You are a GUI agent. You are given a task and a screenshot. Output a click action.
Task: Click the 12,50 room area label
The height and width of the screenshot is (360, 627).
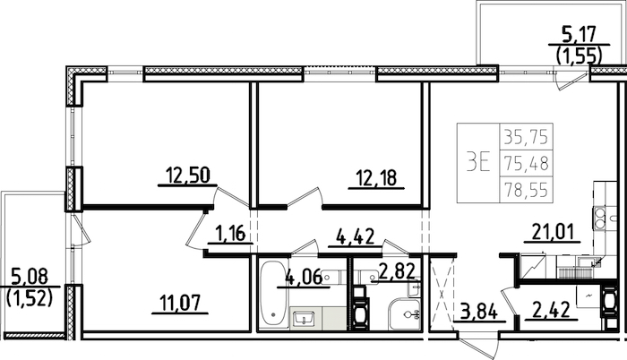(x=188, y=176)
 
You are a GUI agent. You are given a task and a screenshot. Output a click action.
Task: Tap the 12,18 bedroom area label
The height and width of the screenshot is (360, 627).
(x=377, y=178)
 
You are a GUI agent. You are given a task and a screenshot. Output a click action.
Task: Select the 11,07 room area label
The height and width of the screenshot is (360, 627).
(x=180, y=304)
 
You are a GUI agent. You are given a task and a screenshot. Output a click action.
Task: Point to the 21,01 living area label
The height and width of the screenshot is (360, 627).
(x=553, y=232)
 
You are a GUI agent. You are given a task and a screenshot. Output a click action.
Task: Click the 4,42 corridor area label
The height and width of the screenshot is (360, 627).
(x=355, y=236)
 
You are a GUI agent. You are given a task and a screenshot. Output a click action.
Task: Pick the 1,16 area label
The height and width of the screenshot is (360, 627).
(x=230, y=233)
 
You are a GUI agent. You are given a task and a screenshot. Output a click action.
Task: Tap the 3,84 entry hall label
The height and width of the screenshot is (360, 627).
(x=478, y=312)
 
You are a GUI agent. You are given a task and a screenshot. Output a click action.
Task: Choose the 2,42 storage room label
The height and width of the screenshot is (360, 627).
(x=550, y=310)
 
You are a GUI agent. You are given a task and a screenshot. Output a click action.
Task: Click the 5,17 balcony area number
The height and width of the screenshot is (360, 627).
(x=579, y=34)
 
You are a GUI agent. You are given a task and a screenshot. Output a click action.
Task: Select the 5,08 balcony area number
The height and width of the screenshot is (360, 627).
(x=30, y=277)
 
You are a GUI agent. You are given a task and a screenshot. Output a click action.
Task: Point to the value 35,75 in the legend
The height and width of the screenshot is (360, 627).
(x=526, y=137)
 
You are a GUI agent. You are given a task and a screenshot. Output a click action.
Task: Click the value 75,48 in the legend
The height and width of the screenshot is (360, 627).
(x=526, y=163)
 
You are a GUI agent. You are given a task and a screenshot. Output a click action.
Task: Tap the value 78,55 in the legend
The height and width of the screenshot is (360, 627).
(x=526, y=189)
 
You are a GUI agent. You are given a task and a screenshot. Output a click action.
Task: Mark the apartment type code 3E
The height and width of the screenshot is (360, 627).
(x=478, y=163)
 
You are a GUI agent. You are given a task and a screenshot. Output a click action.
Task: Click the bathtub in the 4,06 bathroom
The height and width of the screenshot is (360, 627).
(x=273, y=296)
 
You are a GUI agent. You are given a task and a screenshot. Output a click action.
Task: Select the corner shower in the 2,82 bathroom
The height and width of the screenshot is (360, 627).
(x=404, y=313)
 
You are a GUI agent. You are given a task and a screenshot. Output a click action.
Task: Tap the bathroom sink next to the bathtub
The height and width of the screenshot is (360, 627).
(x=305, y=319)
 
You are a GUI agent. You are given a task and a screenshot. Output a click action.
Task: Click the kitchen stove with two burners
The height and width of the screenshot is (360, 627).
(x=599, y=219)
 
